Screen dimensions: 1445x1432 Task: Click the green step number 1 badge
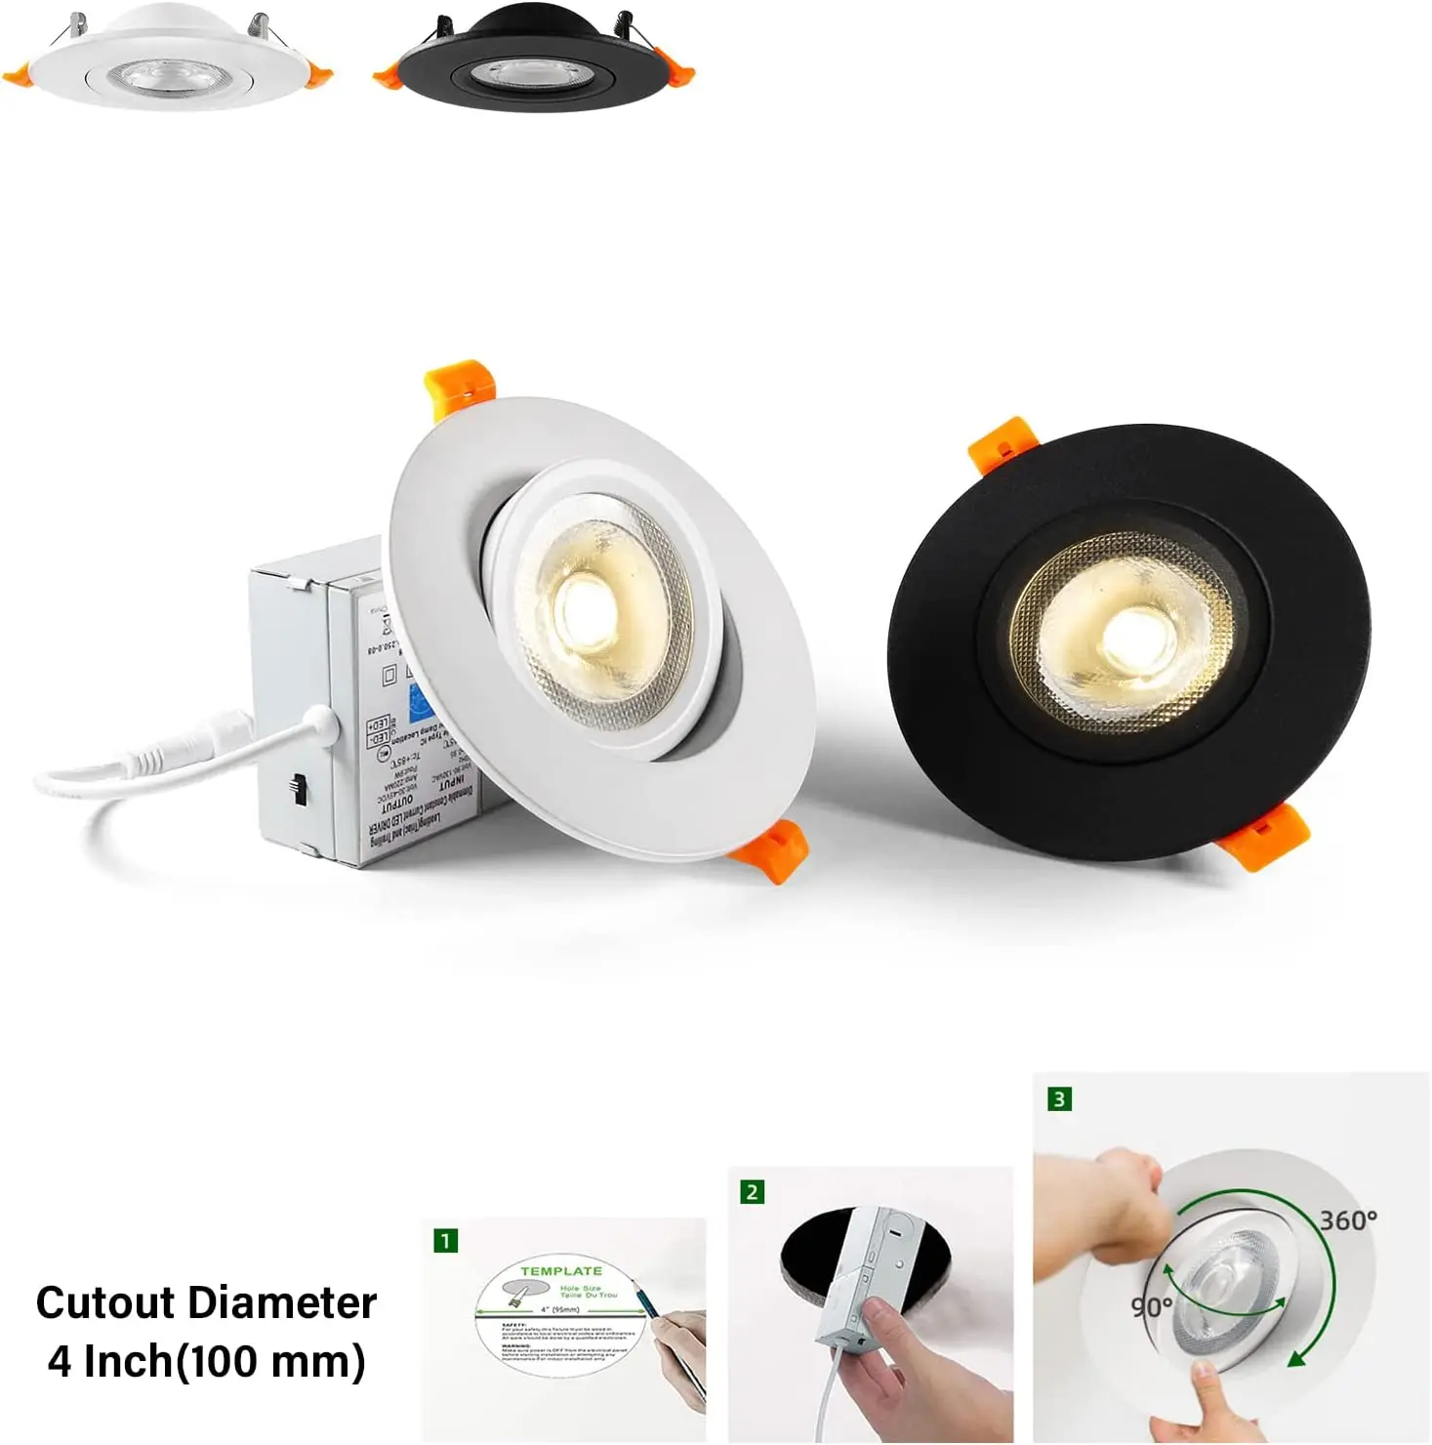(445, 1241)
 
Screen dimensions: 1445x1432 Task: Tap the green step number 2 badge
(752, 1192)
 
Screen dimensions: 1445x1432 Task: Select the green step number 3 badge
(1059, 1099)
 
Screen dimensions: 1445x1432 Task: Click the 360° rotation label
(1348, 1220)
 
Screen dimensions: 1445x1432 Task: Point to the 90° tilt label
(1152, 1306)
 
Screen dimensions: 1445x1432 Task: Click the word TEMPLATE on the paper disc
(560, 1271)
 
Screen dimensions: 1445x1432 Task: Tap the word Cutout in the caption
(106, 1303)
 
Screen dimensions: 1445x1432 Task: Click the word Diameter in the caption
(282, 1303)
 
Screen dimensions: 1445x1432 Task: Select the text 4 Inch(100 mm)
(206, 1362)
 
